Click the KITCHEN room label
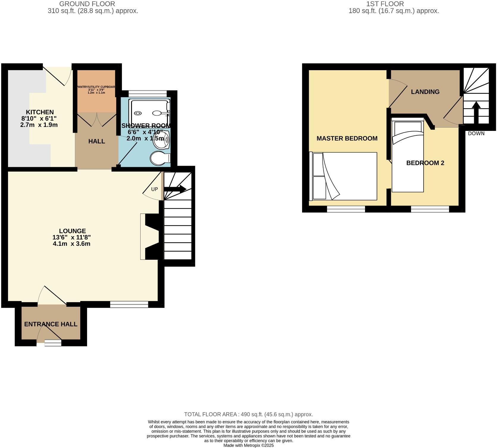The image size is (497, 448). click(x=40, y=112)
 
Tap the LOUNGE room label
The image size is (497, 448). click(x=72, y=231)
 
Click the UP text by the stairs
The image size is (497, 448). click(x=154, y=189)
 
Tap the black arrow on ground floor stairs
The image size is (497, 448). click(x=175, y=189)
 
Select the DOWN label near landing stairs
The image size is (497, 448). click(x=476, y=134)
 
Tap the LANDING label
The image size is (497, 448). click(x=425, y=92)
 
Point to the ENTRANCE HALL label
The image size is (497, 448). click(x=51, y=324)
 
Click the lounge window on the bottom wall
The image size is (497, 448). click(x=129, y=304)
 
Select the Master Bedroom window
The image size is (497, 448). click(x=346, y=209)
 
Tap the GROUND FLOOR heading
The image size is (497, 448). click(x=87, y=4)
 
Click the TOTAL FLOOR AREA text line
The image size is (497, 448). click(x=248, y=414)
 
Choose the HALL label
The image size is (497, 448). click(x=97, y=141)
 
